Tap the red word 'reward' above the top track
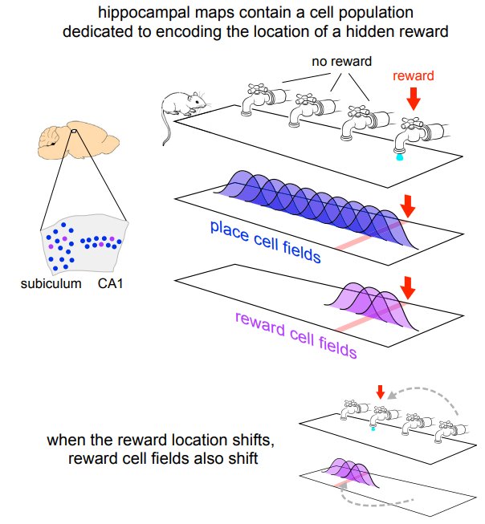click(x=413, y=77)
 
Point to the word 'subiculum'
click(x=50, y=282)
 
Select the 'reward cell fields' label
click(x=296, y=332)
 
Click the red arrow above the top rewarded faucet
click(x=414, y=100)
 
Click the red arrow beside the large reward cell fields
click(x=408, y=287)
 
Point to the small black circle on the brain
click(x=73, y=133)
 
